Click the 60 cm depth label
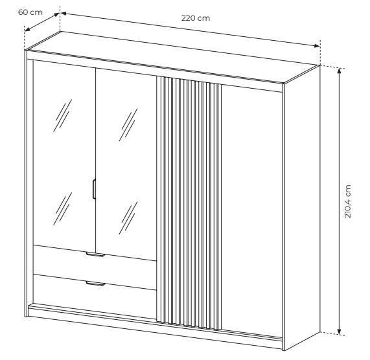pyautogui.click(x=30, y=12)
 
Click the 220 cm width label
pyautogui.click(x=196, y=18)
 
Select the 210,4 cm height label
pyautogui.click(x=348, y=201)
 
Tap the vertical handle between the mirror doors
pyautogui.click(x=94, y=189)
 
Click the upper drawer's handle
pyautogui.click(x=95, y=254)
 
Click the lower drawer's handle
pyautogui.click(x=95, y=284)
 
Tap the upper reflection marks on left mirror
pyautogui.click(x=63, y=115)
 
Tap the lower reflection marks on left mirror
pyautogui.click(x=63, y=208)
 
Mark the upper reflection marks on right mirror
pyautogui.click(x=128, y=125)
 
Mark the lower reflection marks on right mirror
pyautogui.click(x=128, y=218)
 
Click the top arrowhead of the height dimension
pyautogui.click(x=340, y=71)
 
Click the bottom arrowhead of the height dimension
pyautogui.click(x=340, y=332)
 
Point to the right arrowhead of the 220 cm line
pyautogui.click(x=316, y=46)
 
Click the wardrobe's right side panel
pyautogui.click(x=302, y=207)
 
